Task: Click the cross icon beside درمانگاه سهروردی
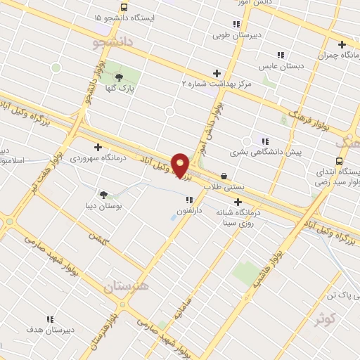[97, 147]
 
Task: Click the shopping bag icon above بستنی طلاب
[224, 176]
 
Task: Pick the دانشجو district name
[112, 44]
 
